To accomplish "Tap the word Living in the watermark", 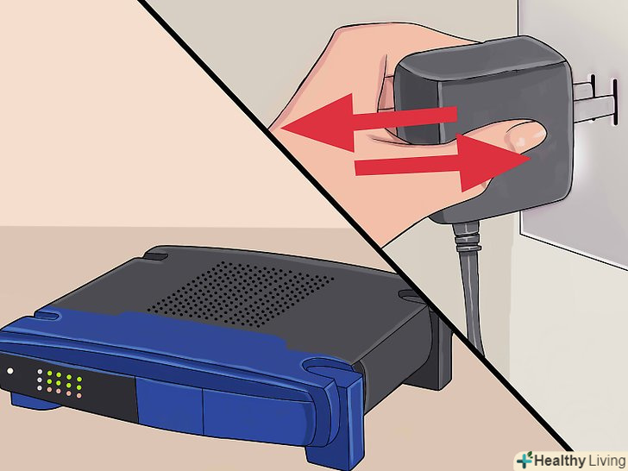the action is pos(606,461).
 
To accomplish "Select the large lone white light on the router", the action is pos(10,371).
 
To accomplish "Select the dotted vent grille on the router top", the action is pos(241,293).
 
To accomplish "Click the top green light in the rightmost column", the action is pos(78,379).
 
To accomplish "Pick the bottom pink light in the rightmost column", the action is pos(78,395).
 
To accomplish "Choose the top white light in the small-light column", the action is pos(40,371).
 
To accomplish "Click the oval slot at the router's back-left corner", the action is pos(156,255).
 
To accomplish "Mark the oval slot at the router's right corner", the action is pos(410,296).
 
